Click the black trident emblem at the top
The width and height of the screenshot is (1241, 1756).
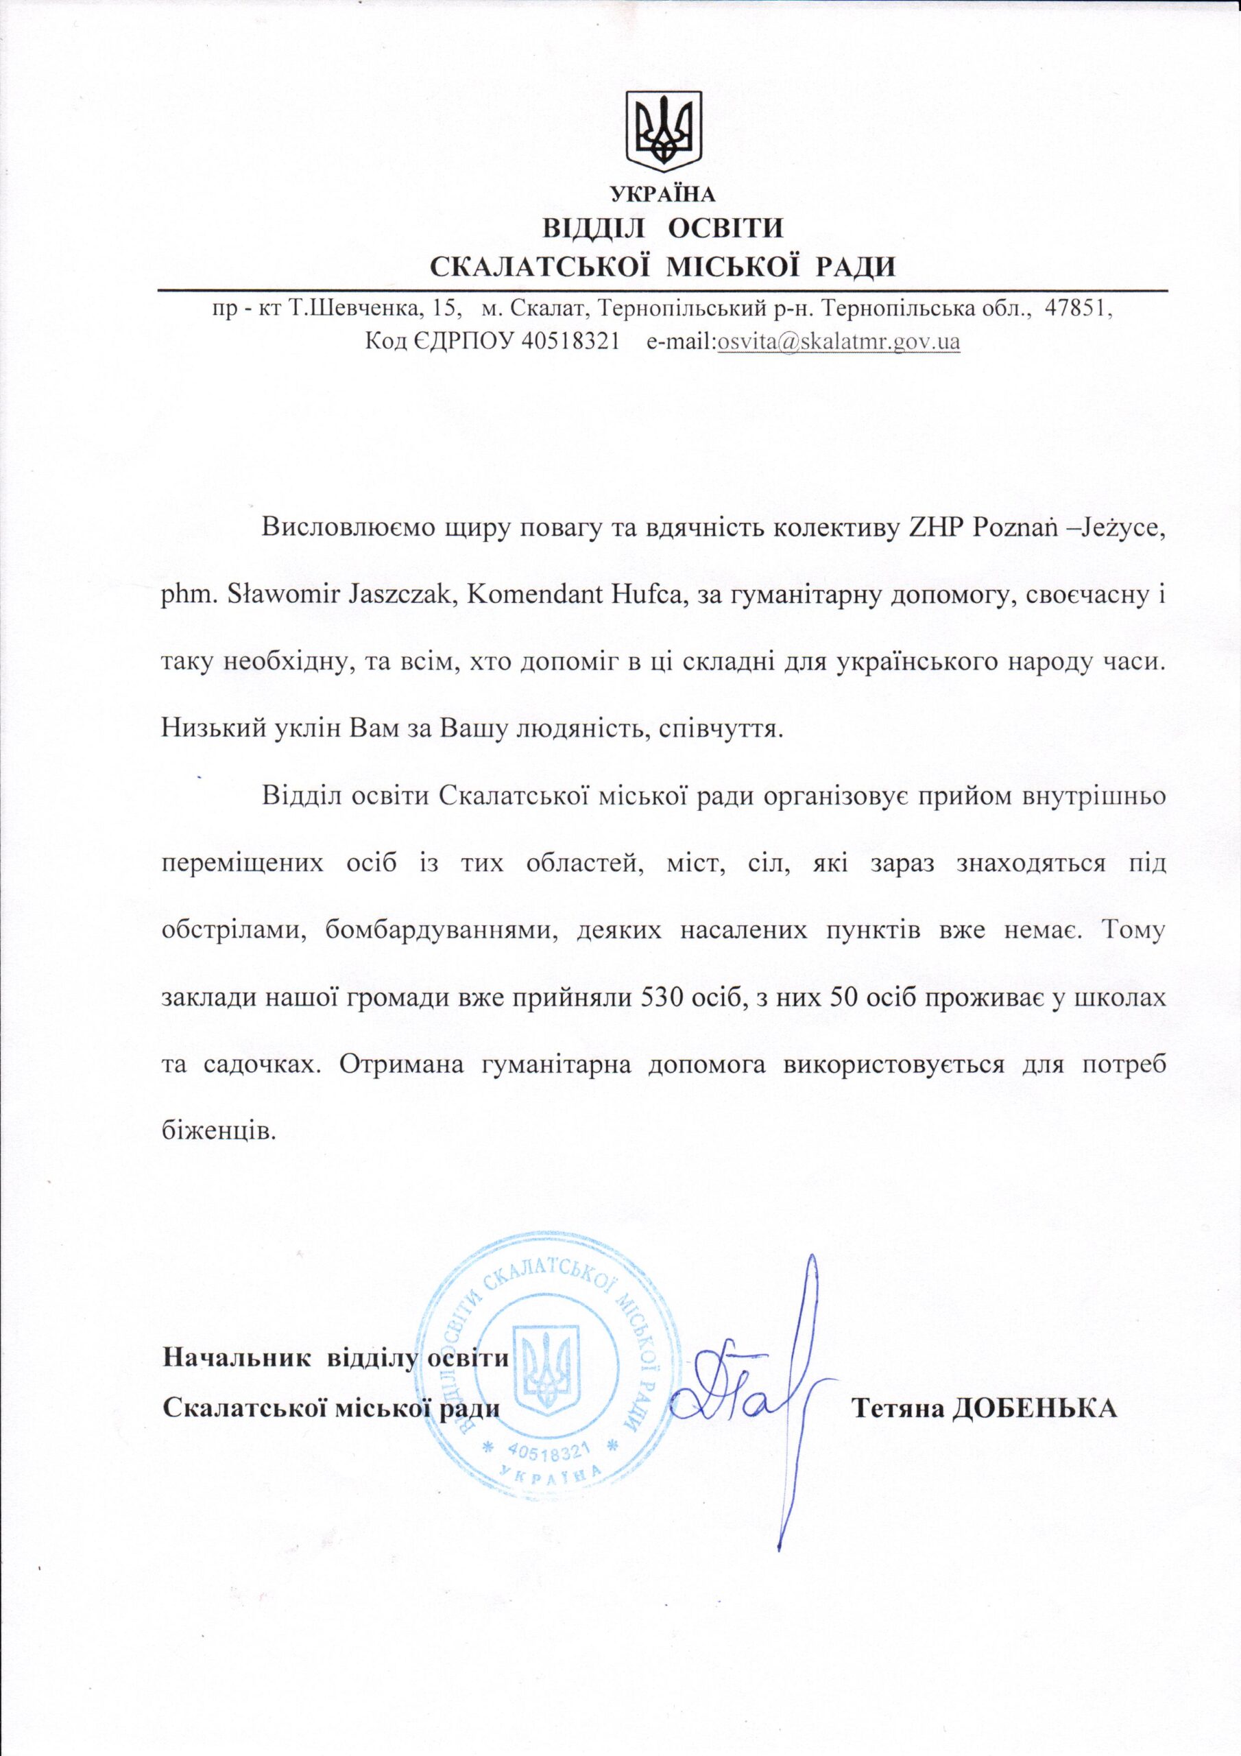[663, 131]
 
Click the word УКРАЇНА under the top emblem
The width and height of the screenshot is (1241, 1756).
[663, 194]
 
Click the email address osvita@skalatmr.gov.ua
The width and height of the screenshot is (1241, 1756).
[838, 341]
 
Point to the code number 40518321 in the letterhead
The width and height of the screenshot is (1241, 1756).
[570, 341]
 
